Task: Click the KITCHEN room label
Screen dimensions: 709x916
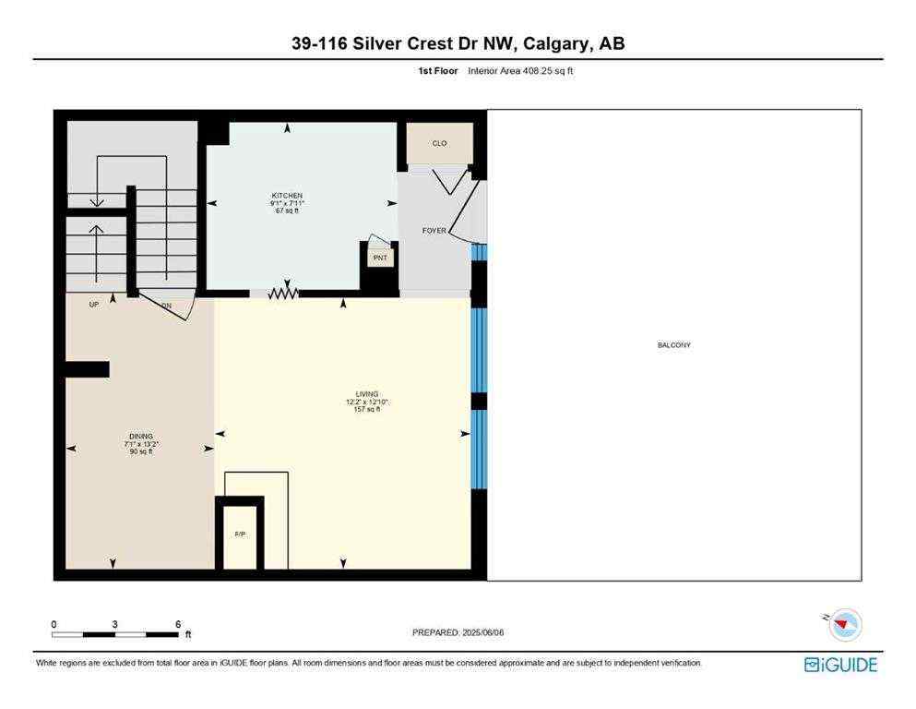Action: pos(287,196)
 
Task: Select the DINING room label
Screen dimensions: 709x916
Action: pos(141,437)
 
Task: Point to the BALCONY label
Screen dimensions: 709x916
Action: pos(673,345)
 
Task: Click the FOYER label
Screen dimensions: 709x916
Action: pos(434,232)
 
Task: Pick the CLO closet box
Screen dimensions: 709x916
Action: pos(440,144)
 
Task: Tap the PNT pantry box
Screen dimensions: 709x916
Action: pos(380,258)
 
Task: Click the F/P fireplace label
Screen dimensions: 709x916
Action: pos(240,535)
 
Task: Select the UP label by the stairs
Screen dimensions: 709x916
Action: pos(94,304)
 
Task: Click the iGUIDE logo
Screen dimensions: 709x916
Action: pos(840,665)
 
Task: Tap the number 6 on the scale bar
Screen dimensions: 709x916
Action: pos(178,624)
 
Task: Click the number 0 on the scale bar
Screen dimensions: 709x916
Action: pos(54,624)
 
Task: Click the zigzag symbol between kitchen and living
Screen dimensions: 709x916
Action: pos(284,294)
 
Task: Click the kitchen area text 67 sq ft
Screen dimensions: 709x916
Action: pos(287,210)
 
